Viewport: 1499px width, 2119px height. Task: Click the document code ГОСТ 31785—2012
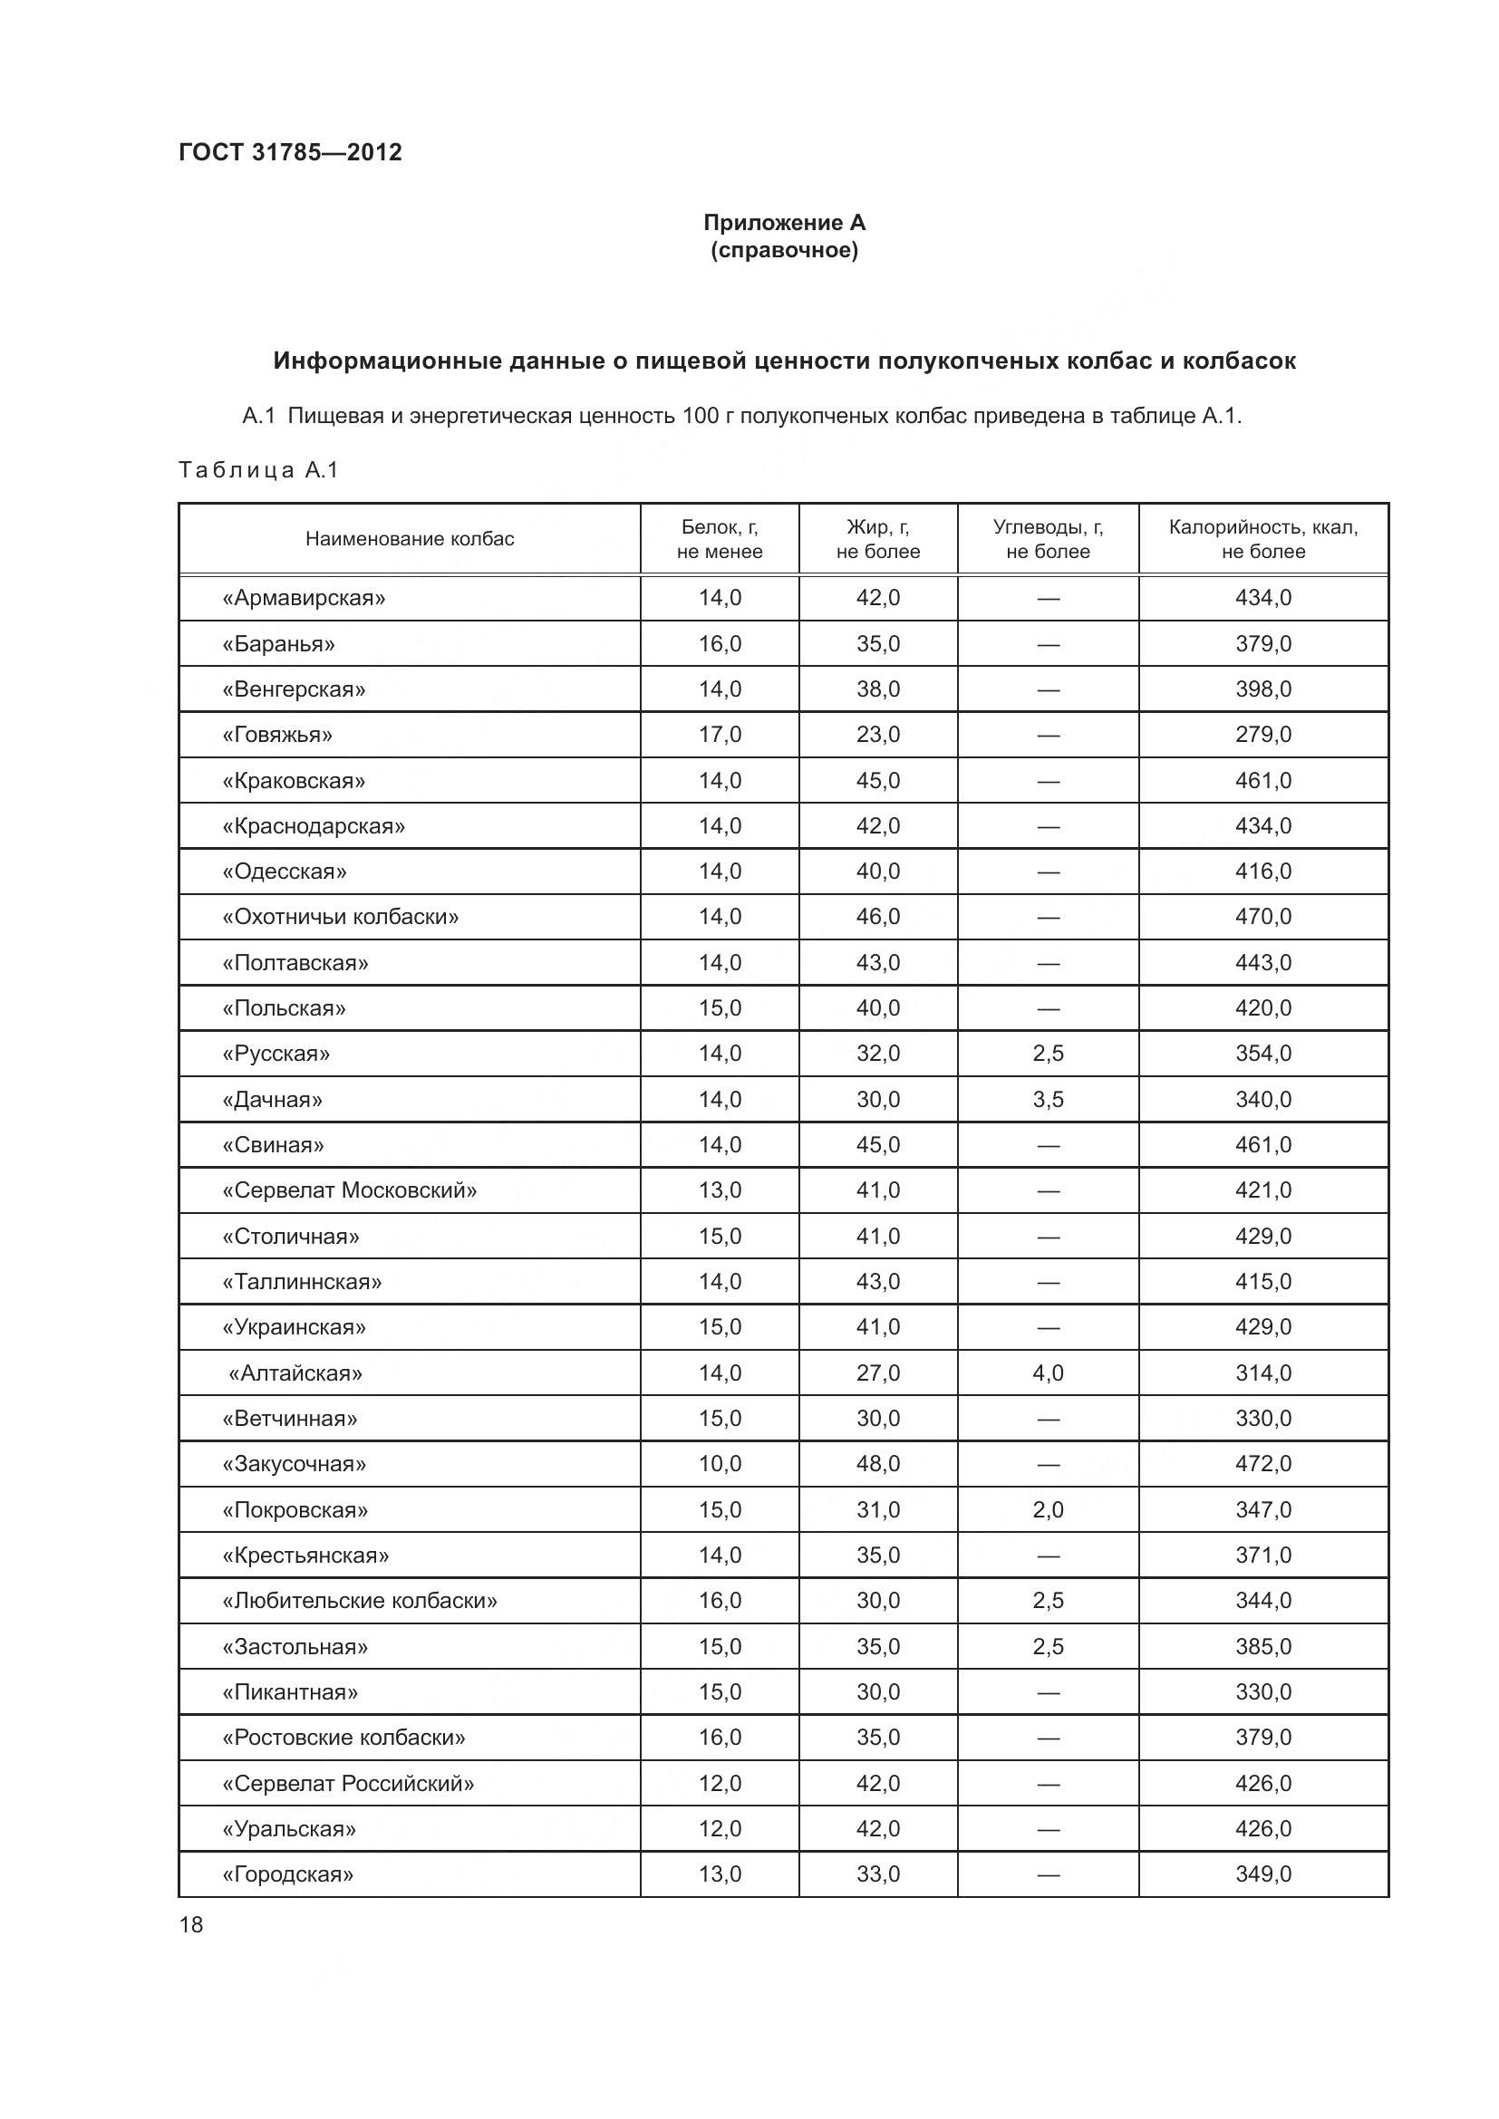pos(290,152)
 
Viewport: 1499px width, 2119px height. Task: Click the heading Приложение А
pos(784,223)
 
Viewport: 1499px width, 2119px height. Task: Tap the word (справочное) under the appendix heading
pos(784,250)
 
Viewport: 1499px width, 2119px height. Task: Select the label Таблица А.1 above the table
pos(258,470)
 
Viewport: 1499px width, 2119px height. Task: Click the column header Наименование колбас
pos(409,539)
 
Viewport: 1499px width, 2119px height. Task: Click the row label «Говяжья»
pos(277,735)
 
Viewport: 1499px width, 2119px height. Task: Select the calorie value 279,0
pos(1262,735)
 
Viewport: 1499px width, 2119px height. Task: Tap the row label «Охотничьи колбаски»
pos(340,917)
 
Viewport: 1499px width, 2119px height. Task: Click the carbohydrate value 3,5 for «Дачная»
pos(1048,1099)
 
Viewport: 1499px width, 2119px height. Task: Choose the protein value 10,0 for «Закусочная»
pos(719,1464)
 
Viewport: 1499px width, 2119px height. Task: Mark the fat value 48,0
pos(878,1464)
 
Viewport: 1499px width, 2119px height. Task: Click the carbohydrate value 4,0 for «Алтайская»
pos(1048,1373)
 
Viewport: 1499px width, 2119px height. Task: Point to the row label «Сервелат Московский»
pos(349,1190)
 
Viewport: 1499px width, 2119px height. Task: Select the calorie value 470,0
pos(1262,917)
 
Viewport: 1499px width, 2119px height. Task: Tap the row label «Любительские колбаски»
pos(359,1600)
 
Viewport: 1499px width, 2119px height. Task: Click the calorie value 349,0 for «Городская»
pos(1262,1873)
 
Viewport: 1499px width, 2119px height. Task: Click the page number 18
pos(191,1924)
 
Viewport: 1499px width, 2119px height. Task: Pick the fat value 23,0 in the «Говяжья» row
pos(878,735)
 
